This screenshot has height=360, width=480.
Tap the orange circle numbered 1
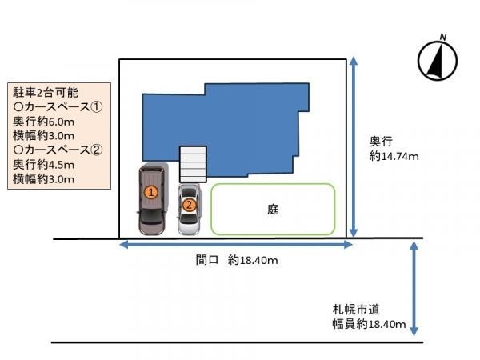click(x=150, y=192)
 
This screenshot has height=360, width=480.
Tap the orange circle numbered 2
click(x=189, y=205)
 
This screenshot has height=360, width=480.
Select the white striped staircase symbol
click(x=192, y=163)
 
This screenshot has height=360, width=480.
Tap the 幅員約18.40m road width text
click(x=370, y=325)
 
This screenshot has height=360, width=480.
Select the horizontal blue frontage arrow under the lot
click(x=235, y=246)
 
